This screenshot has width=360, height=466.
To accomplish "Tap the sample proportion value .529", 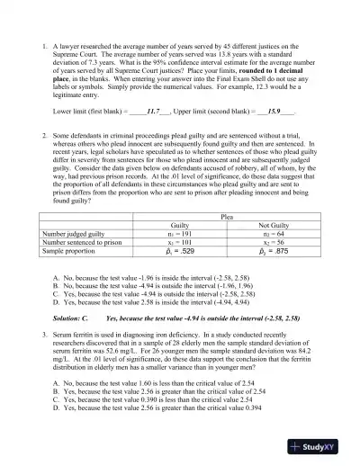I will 183,254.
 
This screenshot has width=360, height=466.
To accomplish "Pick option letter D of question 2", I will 56,304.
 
